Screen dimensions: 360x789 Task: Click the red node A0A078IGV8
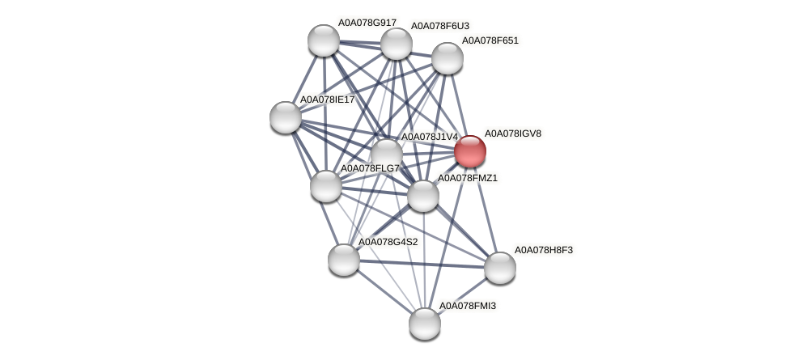tap(469, 151)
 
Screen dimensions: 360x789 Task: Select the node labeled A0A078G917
tap(324, 40)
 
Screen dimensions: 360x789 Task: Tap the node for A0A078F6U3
tap(397, 44)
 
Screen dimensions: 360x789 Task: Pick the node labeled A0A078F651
tap(447, 58)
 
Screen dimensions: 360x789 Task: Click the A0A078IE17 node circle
tap(286, 117)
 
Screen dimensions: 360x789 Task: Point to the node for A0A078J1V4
tap(387, 154)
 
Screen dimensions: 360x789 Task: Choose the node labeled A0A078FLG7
tap(326, 186)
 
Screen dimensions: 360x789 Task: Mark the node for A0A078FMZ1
tap(422, 196)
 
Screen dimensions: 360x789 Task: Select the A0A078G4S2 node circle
tap(344, 260)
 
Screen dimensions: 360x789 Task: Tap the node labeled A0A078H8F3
tap(499, 268)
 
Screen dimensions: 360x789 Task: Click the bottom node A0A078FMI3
tap(424, 324)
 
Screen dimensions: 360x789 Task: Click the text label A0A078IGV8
tap(512, 133)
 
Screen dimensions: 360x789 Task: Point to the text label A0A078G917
tap(367, 23)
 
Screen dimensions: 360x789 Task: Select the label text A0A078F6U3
tap(439, 26)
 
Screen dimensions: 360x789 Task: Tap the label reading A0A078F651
tap(490, 40)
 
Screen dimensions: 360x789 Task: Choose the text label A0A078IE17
tap(327, 100)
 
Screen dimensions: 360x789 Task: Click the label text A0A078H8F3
tap(543, 250)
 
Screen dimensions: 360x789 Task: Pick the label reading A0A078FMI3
tap(467, 306)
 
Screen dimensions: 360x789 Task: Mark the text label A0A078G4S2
tap(388, 242)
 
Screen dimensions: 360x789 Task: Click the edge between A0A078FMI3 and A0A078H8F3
tap(462, 295)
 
